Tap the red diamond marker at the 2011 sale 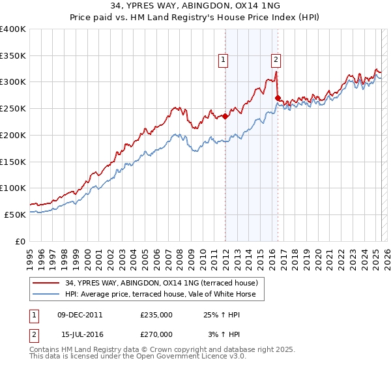point(225,117)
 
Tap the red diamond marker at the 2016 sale point(278,98)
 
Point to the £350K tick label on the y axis point(13,55)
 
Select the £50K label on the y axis point(16,214)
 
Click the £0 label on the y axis point(20,241)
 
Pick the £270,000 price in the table point(156,334)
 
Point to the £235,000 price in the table point(156,315)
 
